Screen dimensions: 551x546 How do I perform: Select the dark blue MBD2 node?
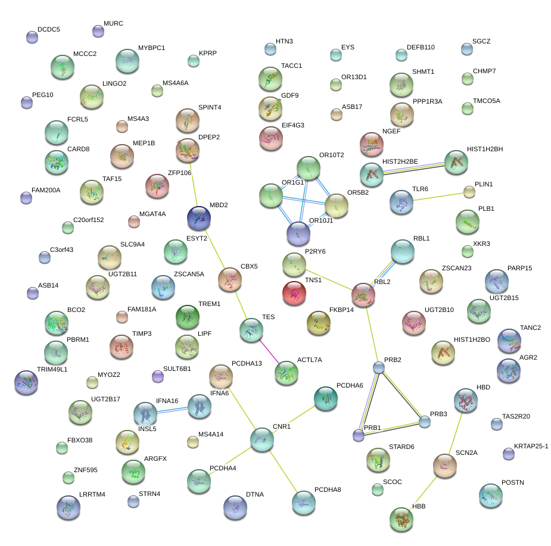coord(199,219)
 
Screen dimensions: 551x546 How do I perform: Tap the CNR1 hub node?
coord(262,439)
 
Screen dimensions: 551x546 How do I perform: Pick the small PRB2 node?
coord(378,367)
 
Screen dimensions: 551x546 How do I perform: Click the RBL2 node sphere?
coord(363,294)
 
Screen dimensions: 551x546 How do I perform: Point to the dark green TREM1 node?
coord(188,316)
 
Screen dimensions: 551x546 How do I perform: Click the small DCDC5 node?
coord(32,38)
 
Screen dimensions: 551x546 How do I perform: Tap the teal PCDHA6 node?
coord(325,398)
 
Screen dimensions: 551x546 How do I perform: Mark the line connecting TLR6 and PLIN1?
coord(437,196)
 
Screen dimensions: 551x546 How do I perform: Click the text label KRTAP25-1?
coord(531,446)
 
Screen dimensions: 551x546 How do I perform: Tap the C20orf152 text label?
coord(89,220)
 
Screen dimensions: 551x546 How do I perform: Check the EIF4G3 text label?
coord(293,125)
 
